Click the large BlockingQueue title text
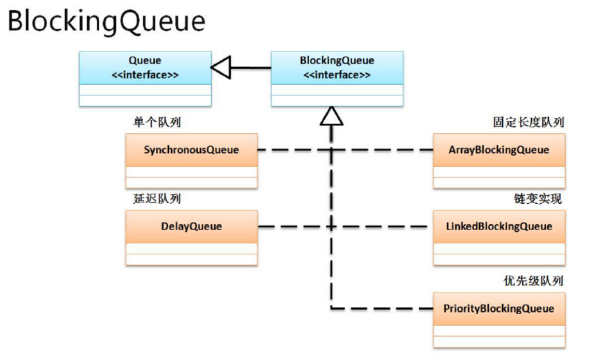107,22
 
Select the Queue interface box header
145,68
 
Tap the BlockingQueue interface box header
337,68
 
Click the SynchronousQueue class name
191,150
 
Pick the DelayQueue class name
191,226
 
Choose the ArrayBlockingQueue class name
499,150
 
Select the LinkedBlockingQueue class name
499,226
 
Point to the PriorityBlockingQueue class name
499,308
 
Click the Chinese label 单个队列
157,122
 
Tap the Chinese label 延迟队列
157,199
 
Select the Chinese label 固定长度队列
529,122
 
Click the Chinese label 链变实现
538,199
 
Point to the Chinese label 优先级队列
533,280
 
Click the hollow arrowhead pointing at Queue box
220,68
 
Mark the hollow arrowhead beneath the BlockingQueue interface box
332,116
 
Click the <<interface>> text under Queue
145,75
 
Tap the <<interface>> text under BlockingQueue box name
337,75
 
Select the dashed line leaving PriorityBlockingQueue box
382,308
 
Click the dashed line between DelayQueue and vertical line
294,226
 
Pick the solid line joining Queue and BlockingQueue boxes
251,68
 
